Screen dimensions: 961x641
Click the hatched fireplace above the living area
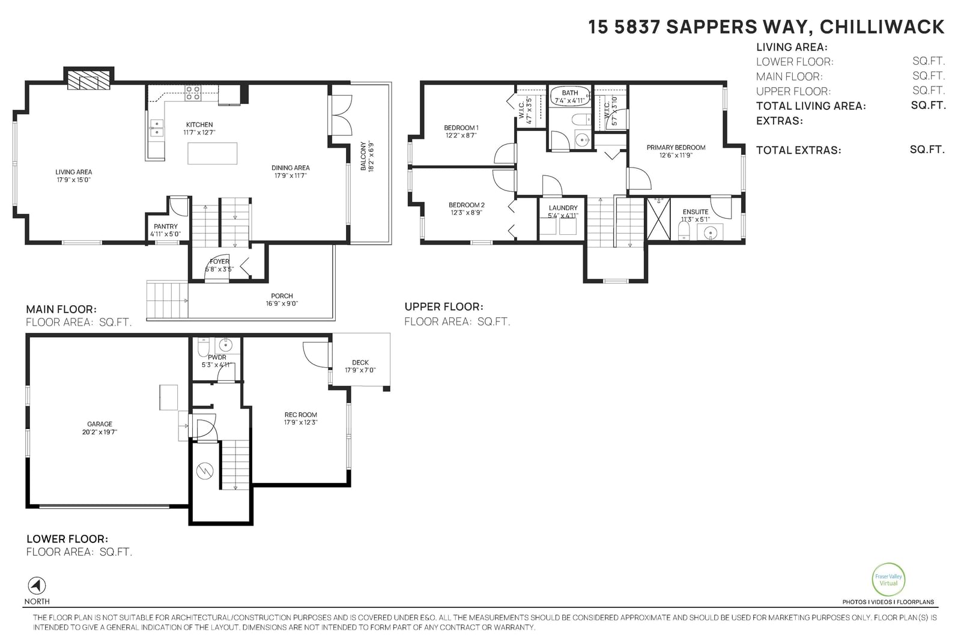(89, 80)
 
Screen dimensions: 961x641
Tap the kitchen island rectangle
(213, 153)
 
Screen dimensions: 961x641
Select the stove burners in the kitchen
(193, 93)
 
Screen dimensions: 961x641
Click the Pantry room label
(166, 226)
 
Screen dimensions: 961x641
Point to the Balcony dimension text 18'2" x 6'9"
(372, 157)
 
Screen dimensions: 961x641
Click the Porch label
(282, 296)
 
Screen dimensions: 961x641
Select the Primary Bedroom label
(676, 148)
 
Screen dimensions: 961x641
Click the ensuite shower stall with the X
(658, 219)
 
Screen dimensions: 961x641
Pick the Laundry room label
(563, 208)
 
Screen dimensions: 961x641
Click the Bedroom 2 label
(466, 205)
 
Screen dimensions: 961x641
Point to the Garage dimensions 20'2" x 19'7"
(100, 432)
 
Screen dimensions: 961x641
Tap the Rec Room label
(301, 415)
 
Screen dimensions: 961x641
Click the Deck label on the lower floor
(360, 362)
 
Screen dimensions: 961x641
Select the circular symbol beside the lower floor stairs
(205, 470)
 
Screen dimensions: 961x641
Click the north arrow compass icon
(37, 586)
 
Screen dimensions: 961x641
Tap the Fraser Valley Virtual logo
(888, 580)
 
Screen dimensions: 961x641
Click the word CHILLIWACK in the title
(882, 27)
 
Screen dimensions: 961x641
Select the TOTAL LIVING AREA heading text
(811, 106)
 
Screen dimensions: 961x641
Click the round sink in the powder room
(226, 344)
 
